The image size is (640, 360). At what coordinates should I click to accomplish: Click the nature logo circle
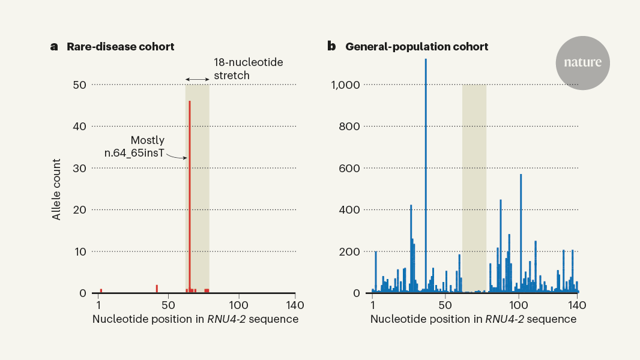click(x=582, y=63)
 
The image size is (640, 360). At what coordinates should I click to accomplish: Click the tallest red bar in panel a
click(x=190, y=198)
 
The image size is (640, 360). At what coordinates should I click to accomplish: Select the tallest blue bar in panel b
click(x=426, y=180)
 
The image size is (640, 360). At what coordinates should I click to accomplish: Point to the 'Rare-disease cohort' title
click(x=120, y=47)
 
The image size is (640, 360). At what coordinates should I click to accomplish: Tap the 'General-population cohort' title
click(x=417, y=47)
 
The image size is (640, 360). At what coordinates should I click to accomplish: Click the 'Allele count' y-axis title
click(x=56, y=189)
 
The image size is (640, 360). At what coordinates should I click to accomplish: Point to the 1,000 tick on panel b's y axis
click(x=345, y=85)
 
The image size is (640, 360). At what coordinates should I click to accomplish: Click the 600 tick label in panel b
click(x=350, y=168)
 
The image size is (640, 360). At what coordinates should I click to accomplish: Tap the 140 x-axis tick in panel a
click(x=294, y=305)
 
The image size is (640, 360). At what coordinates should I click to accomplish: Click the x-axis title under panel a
click(x=195, y=319)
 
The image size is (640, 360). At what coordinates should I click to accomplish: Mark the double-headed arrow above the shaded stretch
click(x=197, y=79)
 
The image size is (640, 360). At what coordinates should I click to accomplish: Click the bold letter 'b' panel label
click(x=331, y=47)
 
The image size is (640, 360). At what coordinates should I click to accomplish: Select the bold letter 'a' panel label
click(x=54, y=47)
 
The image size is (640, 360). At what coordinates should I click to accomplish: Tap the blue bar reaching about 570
click(x=521, y=234)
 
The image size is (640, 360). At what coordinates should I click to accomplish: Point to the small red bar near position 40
click(x=157, y=289)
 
